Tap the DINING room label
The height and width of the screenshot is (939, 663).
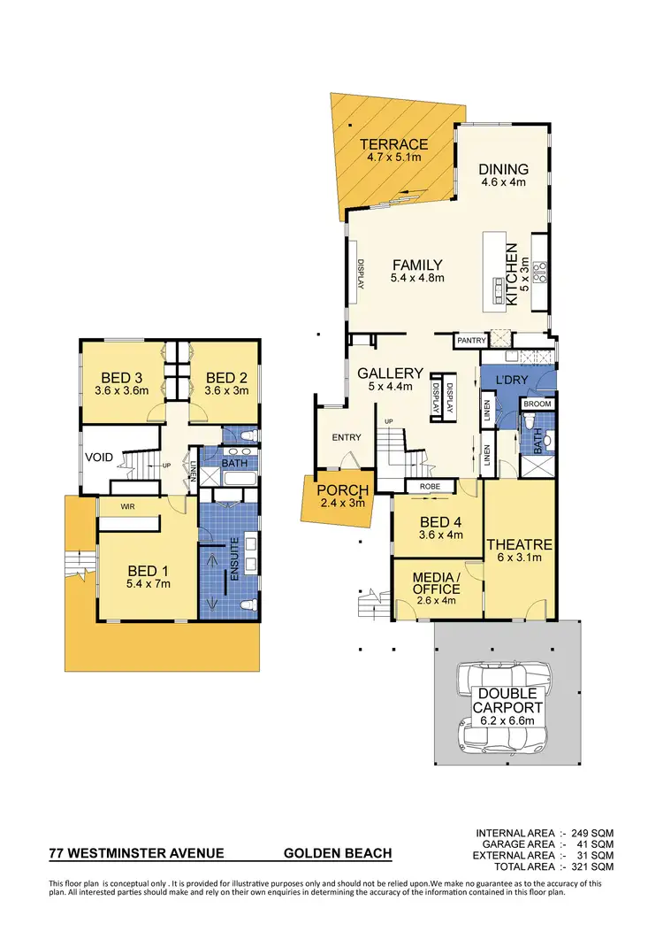(x=503, y=169)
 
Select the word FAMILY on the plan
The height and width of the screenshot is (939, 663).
(x=416, y=265)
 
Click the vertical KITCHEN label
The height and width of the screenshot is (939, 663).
(x=512, y=275)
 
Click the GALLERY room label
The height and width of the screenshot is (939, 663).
(x=390, y=373)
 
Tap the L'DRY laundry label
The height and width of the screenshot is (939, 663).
(x=512, y=379)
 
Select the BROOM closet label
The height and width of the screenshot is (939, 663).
(x=537, y=404)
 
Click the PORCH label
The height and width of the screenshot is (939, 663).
(x=336, y=492)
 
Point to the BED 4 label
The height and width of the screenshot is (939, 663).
(x=427, y=520)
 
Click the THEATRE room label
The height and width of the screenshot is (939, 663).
(x=520, y=544)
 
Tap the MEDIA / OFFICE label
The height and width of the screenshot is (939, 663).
(x=437, y=583)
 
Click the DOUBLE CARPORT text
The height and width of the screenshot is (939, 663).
(x=507, y=701)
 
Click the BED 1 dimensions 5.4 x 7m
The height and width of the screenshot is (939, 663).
(x=146, y=583)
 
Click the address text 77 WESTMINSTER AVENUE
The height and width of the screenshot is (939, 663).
(x=136, y=855)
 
